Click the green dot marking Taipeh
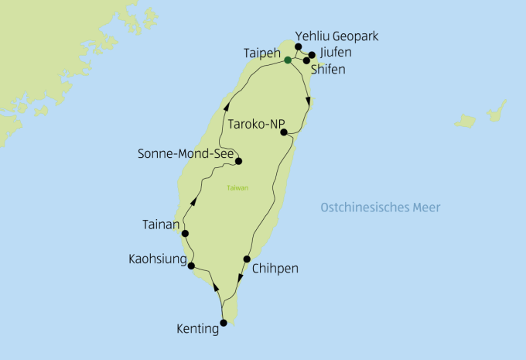tap(288, 60)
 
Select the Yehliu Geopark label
tap(336, 36)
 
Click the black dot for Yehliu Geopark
tap(299, 47)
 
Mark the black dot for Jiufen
tap(313, 55)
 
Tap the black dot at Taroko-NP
tap(285, 132)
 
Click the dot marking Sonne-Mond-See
tap(238, 162)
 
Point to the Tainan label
tap(161, 225)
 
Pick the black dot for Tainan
tap(186, 233)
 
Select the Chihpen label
tap(274, 269)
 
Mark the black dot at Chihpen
tap(247, 259)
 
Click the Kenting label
tap(198, 330)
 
